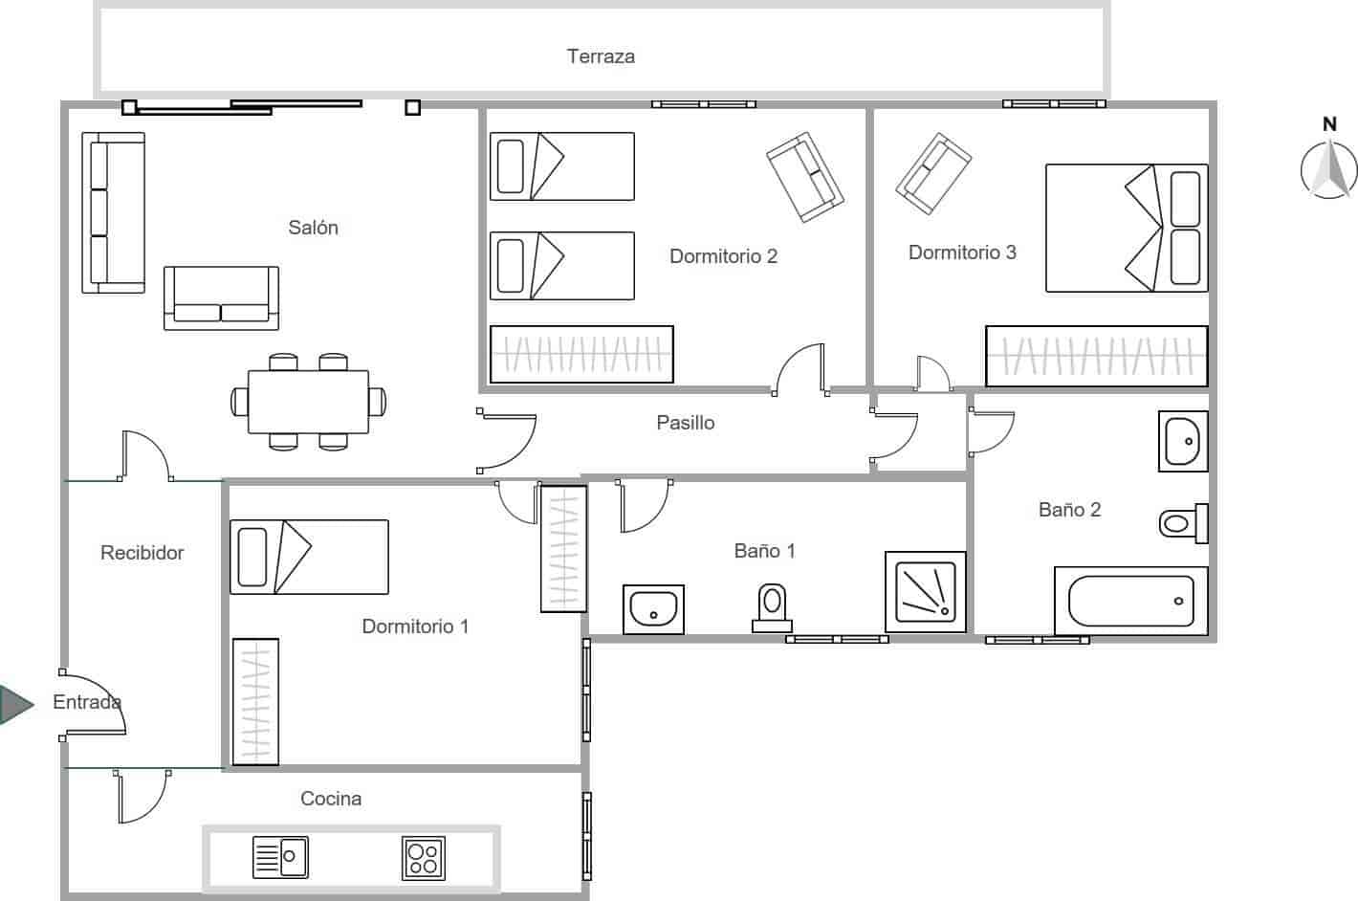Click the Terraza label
[x=601, y=56]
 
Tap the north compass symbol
[x=1328, y=168]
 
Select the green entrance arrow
[x=15, y=704]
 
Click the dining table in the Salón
[x=308, y=402]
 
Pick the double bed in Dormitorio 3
[x=1126, y=228]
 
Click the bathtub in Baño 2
[x=1130, y=601]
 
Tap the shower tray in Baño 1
[x=925, y=591]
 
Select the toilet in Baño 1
[x=771, y=607]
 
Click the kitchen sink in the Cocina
[x=280, y=857]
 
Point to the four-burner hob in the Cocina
[x=423, y=857]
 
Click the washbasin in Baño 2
[x=1183, y=441]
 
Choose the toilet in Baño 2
[x=1183, y=523]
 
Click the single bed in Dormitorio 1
[x=309, y=557]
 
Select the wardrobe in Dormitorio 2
[x=581, y=354]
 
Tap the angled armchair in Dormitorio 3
[x=932, y=173]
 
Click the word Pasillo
[x=685, y=423]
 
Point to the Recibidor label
[x=142, y=553]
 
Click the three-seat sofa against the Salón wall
[x=113, y=212]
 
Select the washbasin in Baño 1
[x=653, y=608]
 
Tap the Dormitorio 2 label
[x=723, y=256]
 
